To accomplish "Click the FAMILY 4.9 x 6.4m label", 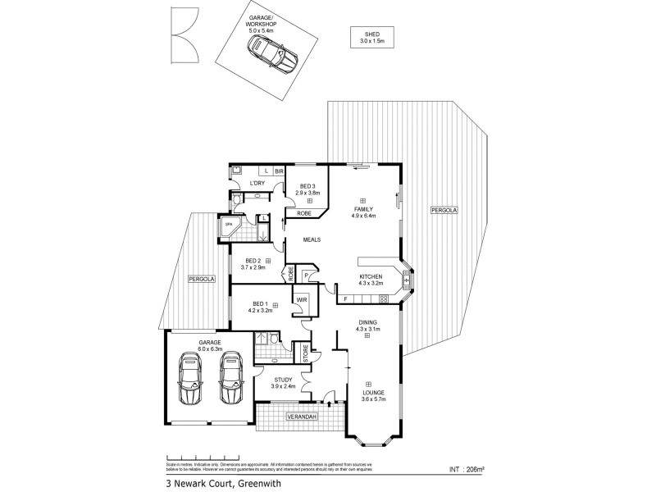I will (x=363, y=212).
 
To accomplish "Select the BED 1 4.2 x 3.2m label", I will (x=260, y=307).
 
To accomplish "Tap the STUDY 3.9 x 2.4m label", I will (x=284, y=382).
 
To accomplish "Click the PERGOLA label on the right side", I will (x=444, y=211).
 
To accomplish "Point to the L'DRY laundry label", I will (x=256, y=183).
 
